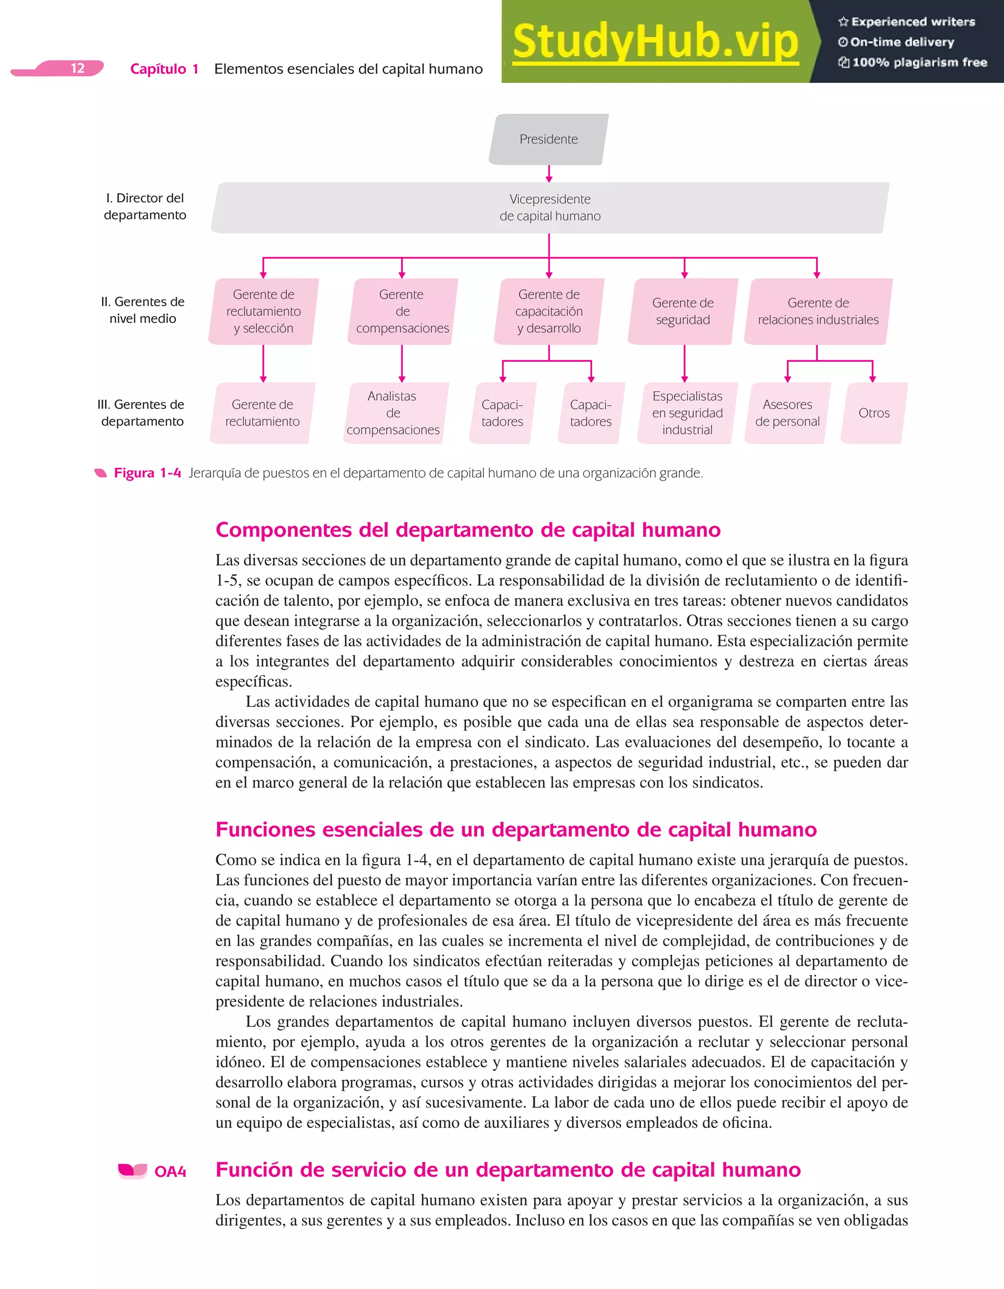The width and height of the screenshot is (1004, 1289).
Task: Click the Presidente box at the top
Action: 549,139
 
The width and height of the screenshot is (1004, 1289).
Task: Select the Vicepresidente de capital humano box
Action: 550,208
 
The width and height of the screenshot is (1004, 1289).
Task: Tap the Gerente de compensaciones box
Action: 402,311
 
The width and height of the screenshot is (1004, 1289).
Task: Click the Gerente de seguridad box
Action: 683,311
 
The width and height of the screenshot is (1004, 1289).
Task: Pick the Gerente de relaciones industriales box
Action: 818,311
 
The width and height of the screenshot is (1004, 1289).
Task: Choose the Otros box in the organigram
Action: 874,413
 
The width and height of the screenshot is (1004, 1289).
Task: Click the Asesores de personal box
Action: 787,413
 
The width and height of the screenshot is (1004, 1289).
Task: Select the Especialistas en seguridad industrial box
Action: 687,413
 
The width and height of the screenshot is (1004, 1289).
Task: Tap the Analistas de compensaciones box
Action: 394,413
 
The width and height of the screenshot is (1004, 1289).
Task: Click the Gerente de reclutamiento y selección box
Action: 263,311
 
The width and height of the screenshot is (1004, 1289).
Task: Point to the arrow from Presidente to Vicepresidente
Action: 549,174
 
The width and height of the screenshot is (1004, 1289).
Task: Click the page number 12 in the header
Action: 77,69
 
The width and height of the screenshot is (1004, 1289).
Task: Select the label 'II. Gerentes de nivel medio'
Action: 142,310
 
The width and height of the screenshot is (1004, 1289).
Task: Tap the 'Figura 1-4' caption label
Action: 147,473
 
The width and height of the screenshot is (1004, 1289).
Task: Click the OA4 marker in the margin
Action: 170,1171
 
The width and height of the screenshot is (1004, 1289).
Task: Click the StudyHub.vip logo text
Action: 655,41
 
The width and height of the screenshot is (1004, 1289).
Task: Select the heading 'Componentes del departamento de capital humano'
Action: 468,529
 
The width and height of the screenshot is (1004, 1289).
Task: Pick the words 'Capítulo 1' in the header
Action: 164,69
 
